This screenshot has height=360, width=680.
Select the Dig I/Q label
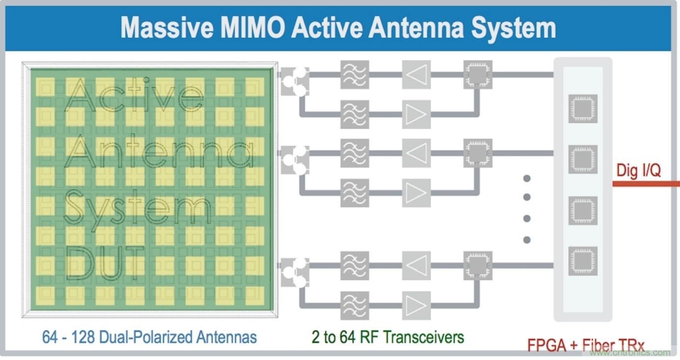[x=638, y=170]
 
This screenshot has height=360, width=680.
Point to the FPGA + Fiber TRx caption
[x=586, y=345]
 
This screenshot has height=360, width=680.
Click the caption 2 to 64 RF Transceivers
[x=387, y=337]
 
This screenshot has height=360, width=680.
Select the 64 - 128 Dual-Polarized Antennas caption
[x=149, y=337]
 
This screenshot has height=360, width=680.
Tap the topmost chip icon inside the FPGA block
[x=583, y=108]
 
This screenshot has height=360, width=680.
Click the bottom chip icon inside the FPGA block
[x=583, y=261]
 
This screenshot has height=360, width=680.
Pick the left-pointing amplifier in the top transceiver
[x=416, y=75]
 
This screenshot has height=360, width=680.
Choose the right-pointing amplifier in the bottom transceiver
[x=416, y=305]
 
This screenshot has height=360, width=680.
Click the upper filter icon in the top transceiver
[x=354, y=75]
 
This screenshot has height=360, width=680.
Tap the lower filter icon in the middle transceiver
[x=354, y=193]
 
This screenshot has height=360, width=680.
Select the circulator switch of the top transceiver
[x=295, y=82]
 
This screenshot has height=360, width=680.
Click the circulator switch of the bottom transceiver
[x=295, y=273]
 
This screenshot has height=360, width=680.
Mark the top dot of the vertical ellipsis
[x=527, y=178]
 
